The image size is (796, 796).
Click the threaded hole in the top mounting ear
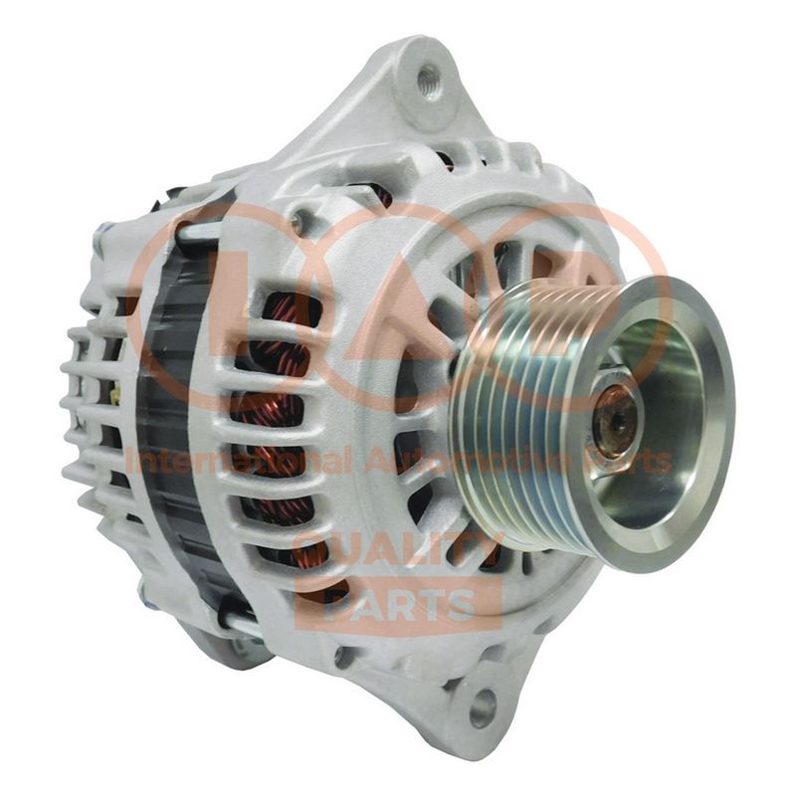pos(429,80)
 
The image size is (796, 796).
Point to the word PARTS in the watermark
pos(400,604)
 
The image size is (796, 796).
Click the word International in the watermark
pos(238,461)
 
